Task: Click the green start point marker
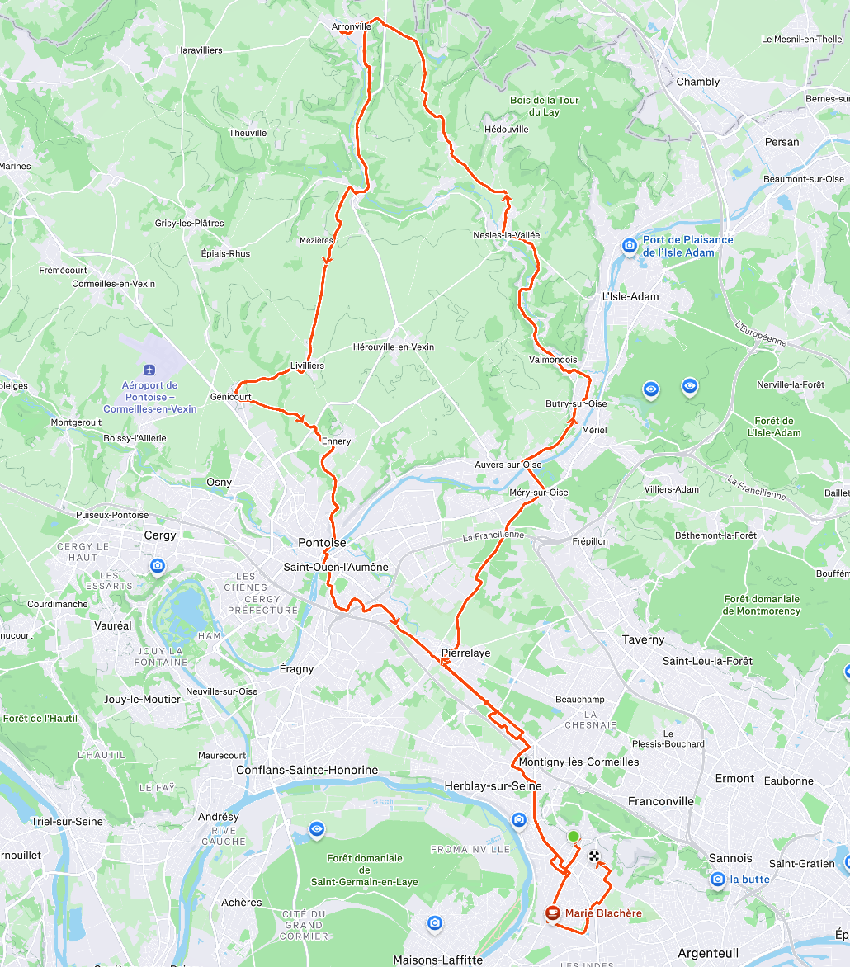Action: tap(574, 837)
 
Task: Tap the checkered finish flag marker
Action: tap(594, 856)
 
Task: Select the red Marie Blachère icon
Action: tap(553, 913)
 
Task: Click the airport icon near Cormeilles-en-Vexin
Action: tap(149, 370)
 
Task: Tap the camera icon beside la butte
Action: tap(718, 880)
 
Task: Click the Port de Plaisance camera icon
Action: tap(630, 246)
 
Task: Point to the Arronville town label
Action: tap(352, 27)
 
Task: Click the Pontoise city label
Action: tap(322, 543)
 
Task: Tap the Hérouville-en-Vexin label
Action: tap(393, 347)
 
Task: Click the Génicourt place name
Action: tap(231, 397)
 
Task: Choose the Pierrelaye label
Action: tap(466, 653)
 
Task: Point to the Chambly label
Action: tap(697, 82)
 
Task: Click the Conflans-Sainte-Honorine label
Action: tap(306, 771)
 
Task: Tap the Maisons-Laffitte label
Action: tap(437, 960)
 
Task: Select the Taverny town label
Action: tap(643, 639)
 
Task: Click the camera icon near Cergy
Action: tap(158, 566)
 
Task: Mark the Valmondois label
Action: tap(553, 360)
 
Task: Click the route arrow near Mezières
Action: tap(327, 258)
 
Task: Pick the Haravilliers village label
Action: tap(199, 50)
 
